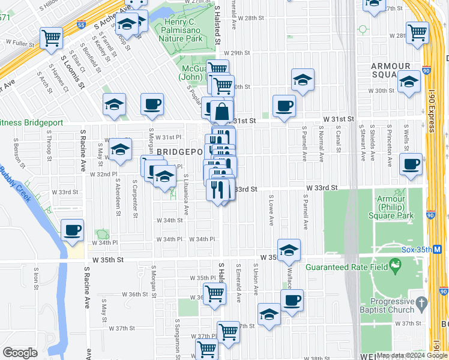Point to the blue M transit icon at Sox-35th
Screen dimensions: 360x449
(437, 248)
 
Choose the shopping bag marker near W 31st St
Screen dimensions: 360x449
(221, 112)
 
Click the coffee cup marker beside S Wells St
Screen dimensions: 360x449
(411, 164)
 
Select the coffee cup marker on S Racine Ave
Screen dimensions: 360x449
(72, 230)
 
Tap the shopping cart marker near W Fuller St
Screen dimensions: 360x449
(52, 38)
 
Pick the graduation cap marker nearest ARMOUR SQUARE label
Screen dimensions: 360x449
(409, 82)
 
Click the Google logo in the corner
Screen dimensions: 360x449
(20, 353)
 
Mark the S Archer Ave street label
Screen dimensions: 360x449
(112, 17)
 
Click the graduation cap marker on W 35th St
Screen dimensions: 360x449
(289, 251)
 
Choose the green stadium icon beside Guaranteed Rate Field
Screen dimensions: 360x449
(395, 265)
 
